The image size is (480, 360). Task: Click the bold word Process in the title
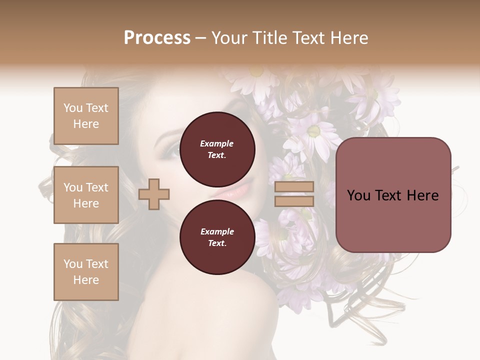[157, 37]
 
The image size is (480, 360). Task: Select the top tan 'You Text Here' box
[86, 116]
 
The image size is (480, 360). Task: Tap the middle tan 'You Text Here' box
[86, 195]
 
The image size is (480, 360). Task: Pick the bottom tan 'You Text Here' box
[86, 272]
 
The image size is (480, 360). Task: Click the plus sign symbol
[154, 194]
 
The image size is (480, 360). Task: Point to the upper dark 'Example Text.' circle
[217, 149]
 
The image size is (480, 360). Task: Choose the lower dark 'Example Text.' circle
[217, 237]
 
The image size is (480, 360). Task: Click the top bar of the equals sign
[294, 187]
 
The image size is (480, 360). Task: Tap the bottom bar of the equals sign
[294, 201]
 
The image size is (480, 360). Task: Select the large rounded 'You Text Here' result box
[393, 195]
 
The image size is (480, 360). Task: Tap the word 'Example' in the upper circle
[217, 143]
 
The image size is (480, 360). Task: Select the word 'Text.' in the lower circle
[217, 243]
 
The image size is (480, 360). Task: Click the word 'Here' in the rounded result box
[422, 195]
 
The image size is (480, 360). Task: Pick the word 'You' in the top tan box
[73, 108]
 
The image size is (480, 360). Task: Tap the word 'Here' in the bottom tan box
[86, 280]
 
